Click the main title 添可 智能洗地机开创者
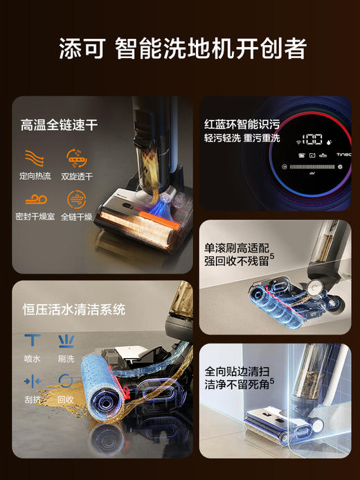pos(182,49)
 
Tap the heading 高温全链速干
pos(58,125)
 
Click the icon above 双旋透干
pos(76,156)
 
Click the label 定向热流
pos(35,176)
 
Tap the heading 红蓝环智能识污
pos(242,125)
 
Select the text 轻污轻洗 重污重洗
pos(242,138)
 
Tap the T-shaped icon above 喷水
pos(32,339)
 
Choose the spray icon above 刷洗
pos(66,339)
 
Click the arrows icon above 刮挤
pos(32,381)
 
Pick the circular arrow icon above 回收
pos(66,381)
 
